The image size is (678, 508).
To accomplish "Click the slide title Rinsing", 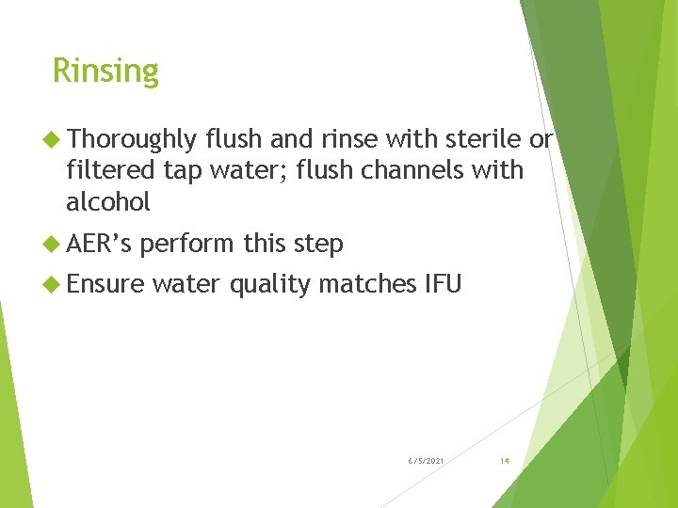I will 105,71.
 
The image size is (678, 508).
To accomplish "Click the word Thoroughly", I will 132,140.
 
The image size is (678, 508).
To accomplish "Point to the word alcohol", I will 108,202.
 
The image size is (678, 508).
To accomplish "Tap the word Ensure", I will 105,283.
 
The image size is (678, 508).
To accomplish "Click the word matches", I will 364,283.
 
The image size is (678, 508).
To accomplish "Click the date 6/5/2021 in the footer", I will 427,461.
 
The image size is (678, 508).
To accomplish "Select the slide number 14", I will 505,461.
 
